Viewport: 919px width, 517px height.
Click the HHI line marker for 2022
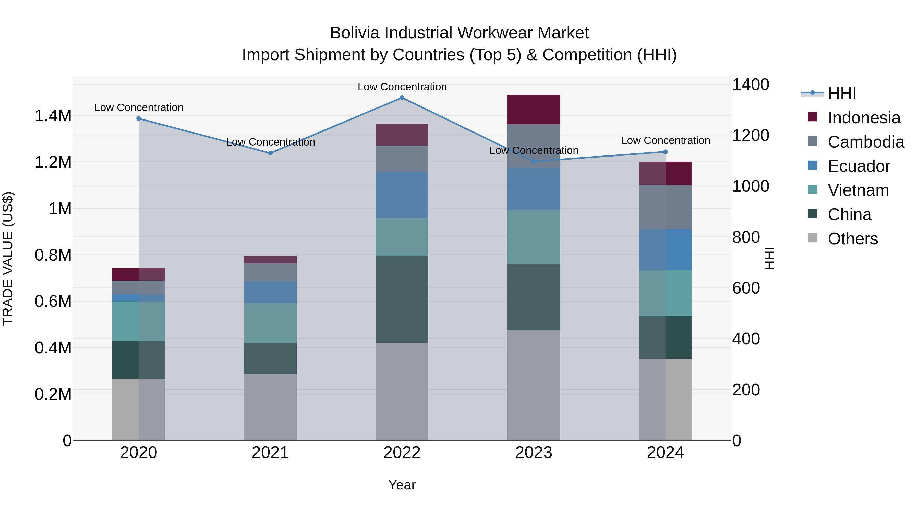tap(402, 98)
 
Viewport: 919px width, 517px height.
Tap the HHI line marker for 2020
tap(139, 118)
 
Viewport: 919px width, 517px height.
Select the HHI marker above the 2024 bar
tap(665, 152)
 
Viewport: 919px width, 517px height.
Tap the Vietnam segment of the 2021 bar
tap(270, 323)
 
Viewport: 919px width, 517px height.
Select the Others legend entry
tap(852, 239)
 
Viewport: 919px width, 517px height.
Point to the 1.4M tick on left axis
tap(53, 116)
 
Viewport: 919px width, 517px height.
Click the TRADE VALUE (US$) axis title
tap(8, 258)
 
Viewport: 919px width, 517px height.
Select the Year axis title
tap(402, 485)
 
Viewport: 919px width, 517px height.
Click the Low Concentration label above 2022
tap(402, 87)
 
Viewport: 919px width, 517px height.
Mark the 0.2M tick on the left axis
tap(53, 394)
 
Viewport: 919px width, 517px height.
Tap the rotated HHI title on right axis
tap(769, 258)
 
